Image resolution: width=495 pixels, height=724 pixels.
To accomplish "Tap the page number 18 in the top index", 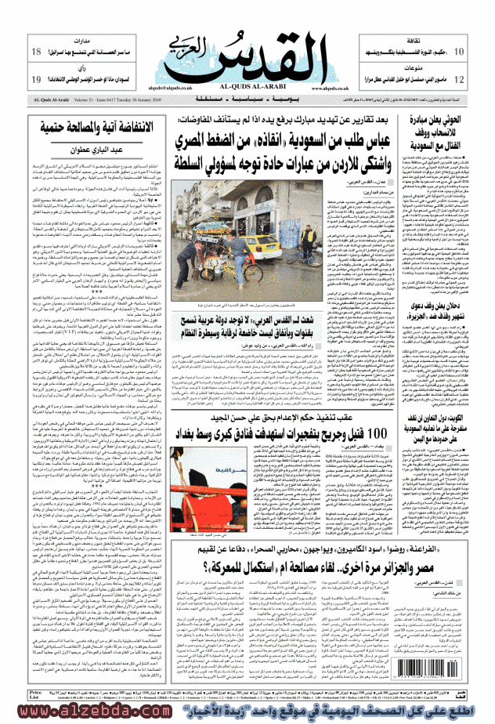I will (x=36, y=52).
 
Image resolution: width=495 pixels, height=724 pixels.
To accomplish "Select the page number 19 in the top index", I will (x=36, y=80).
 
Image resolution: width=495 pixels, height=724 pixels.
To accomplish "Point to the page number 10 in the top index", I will (x=459, y=52).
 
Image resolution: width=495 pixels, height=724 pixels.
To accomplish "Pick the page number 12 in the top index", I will (x=459, y=80).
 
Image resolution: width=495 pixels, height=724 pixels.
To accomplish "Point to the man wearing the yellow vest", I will (x=310, y=235).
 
